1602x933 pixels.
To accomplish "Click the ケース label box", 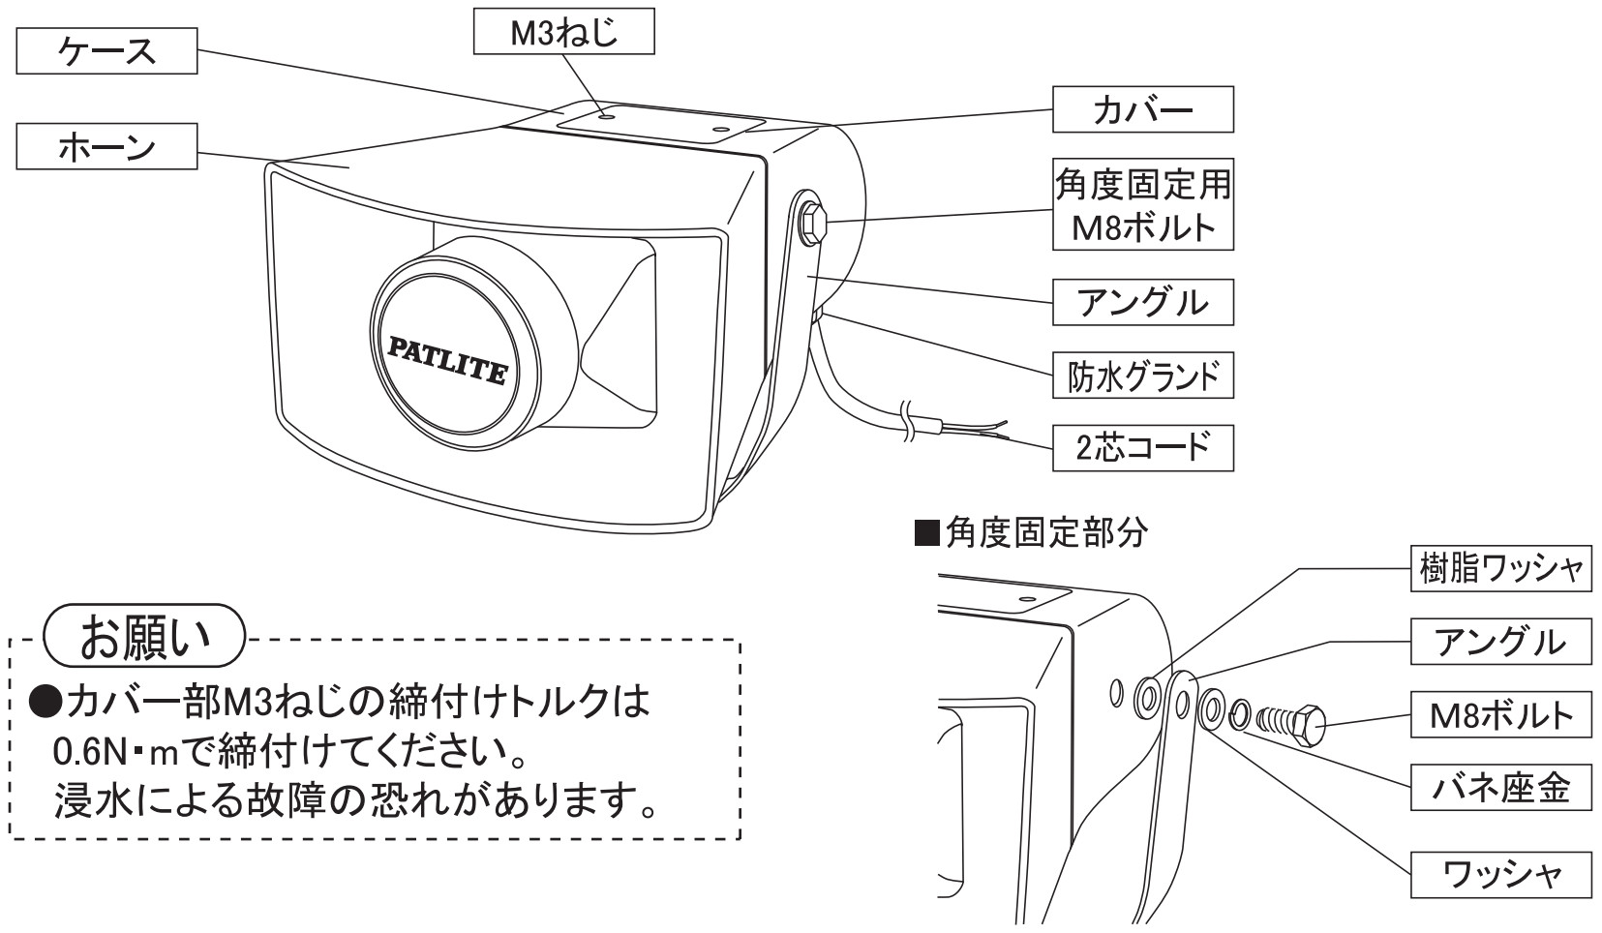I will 106,51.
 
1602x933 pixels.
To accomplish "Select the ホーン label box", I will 106,146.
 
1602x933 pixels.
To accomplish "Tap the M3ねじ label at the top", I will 563,34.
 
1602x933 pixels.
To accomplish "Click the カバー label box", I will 1142,109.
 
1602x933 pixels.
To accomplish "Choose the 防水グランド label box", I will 1142,375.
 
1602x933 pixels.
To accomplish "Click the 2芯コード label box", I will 1142,448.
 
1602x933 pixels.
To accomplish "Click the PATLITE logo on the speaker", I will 446,358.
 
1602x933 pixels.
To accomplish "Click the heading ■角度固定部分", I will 1032,532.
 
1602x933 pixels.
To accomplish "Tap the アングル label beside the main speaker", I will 1142,302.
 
